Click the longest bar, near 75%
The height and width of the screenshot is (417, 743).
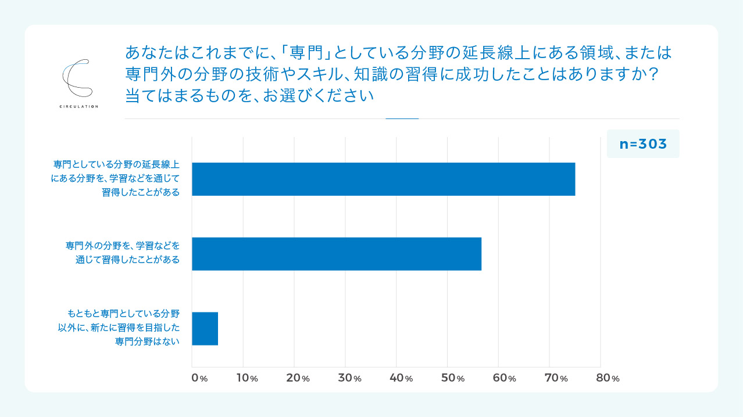click(x=383, y=179)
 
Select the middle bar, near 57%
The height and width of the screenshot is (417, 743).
click(x=337, y=254)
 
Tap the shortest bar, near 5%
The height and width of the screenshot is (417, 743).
click(x=205, y=329)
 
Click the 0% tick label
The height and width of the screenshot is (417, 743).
click(x=199, y=378)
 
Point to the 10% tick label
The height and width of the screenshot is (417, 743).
click(x=246, y=378)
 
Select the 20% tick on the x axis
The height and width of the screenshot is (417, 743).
click(x=298, y=378)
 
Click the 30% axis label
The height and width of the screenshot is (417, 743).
click(x=349, y=378)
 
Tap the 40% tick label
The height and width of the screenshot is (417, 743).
click(x=401, y=378)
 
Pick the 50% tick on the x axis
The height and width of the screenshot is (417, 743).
click(x=452, y=378)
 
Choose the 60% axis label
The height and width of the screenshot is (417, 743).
click(x=503, y=378)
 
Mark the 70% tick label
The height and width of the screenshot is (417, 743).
click(x=555, y=378)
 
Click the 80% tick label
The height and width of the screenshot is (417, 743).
click(x=607, y=378)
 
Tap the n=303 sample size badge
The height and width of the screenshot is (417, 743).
click(x=642, y=144)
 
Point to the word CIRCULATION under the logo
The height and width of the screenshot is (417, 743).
click(x=78, y=106)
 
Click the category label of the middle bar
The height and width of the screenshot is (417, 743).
click(x=123, y=253)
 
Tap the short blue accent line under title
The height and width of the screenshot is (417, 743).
click(x=402, y=118)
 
